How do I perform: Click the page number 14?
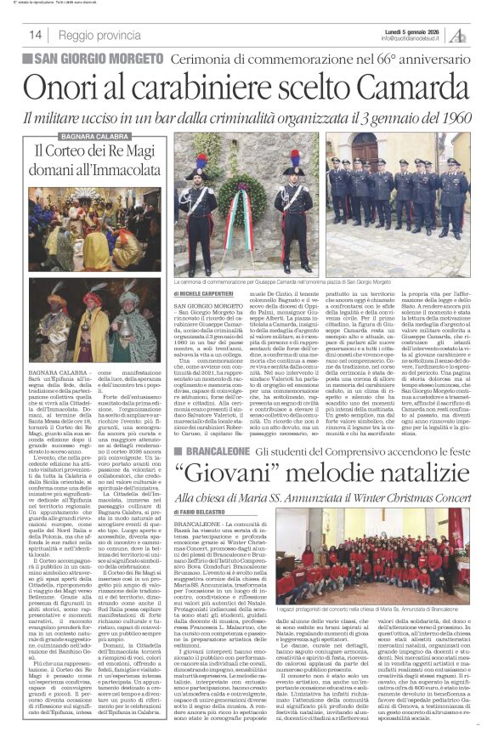coord(36,35)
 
